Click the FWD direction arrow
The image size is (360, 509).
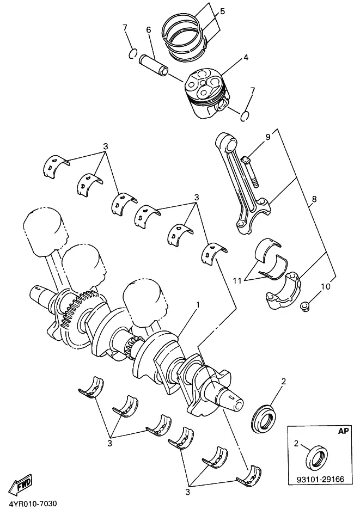point(20,486)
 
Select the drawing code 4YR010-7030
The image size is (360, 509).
point(30,504)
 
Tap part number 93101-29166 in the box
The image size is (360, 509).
point(320,479)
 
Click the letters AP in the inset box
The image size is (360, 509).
point(343,431)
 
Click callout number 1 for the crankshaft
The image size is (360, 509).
point(198,305)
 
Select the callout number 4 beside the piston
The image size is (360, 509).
point(246,58)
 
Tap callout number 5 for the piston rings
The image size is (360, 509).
point(222,11)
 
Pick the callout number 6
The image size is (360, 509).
point(149,30)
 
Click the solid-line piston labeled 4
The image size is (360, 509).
point(207,94)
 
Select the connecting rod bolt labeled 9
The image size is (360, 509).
point(251,172)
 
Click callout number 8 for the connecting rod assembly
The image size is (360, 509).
point(314,199)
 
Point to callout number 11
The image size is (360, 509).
point(237,280)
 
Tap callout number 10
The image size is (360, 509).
point(325,286)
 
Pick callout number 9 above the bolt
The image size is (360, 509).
point(268,137)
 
